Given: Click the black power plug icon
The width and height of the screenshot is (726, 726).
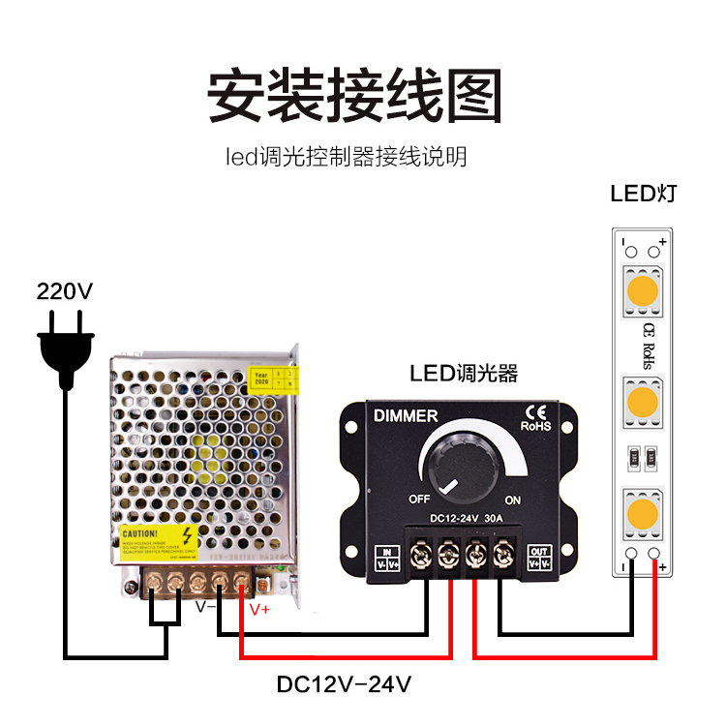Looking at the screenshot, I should pyautogui.click(x=66, y=344).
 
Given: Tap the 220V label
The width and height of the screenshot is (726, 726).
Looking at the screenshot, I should pyautogui.click(x=64, y=291).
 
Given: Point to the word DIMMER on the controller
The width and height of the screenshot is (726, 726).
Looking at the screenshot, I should pyautogui.click(x=406, y=416).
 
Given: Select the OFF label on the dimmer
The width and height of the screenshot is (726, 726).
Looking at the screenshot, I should pyautogui.click(x=418, y=499).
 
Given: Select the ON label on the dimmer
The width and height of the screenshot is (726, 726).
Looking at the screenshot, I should pyautogui.click(x=512, y=499).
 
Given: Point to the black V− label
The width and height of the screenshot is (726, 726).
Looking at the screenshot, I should pyautogui.click(x=205, y=608).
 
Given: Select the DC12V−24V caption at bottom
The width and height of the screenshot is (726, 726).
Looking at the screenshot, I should pyautogui.click(x=345, y=684).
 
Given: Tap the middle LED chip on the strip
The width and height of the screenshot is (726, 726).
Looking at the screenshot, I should pyautogui.click(x=642, y=400).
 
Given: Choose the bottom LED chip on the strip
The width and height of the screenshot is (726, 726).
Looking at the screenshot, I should pyautogui.click(x=642, y=510).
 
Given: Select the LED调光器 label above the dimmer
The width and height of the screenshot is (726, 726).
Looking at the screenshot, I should pyautogui.click(x=464, y=373).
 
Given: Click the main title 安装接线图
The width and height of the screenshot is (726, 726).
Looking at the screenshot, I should pyautogui.click(x=356, y=95).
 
